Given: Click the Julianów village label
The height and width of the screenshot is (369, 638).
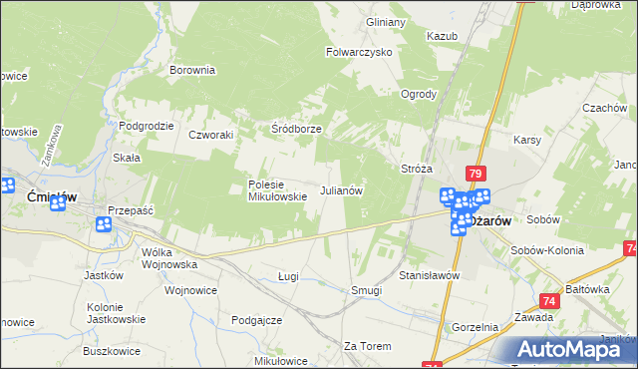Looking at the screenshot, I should click(340, 189).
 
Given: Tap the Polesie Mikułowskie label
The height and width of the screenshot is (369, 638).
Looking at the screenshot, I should click(277, 190).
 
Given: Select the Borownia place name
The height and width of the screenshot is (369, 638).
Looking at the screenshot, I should click(192, 71).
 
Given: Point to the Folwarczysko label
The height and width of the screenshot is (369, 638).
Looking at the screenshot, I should click(359, 52).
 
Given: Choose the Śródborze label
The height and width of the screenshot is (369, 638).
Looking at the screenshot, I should click(296, 130).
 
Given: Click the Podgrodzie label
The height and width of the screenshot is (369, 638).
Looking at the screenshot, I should click(147, 126).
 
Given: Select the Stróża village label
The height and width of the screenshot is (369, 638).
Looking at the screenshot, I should click(416, 169).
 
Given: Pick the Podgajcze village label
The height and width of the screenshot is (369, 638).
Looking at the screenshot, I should click(256, 320).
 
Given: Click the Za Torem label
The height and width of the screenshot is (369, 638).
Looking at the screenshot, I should click(363, 346).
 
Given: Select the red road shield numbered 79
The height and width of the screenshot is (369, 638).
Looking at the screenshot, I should click(476, 173).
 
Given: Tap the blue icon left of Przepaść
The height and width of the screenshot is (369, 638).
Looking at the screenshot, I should click(104, 226).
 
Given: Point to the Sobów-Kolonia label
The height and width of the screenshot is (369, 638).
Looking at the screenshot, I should click(572, 245).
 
